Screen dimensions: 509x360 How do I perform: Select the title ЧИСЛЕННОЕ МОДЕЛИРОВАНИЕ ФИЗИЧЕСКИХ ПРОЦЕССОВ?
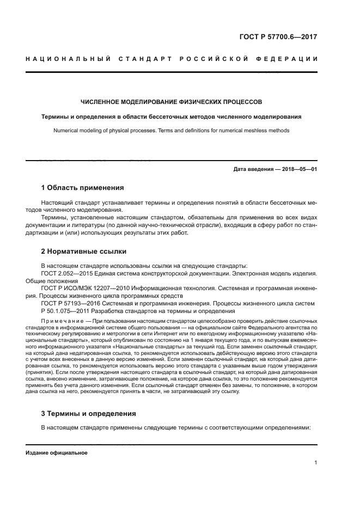[x=172, y=102]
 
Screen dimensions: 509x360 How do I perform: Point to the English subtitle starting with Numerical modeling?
[x=172, y=131]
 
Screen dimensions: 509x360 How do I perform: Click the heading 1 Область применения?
[x=82, y=188]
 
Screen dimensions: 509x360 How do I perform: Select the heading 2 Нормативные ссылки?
[x=84, y=252]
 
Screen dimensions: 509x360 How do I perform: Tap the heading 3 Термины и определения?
[x=88, y=413]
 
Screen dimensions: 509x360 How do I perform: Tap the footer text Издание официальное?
[x=57, y=453]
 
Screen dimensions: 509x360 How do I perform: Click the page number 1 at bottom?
[x=315, y=463]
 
